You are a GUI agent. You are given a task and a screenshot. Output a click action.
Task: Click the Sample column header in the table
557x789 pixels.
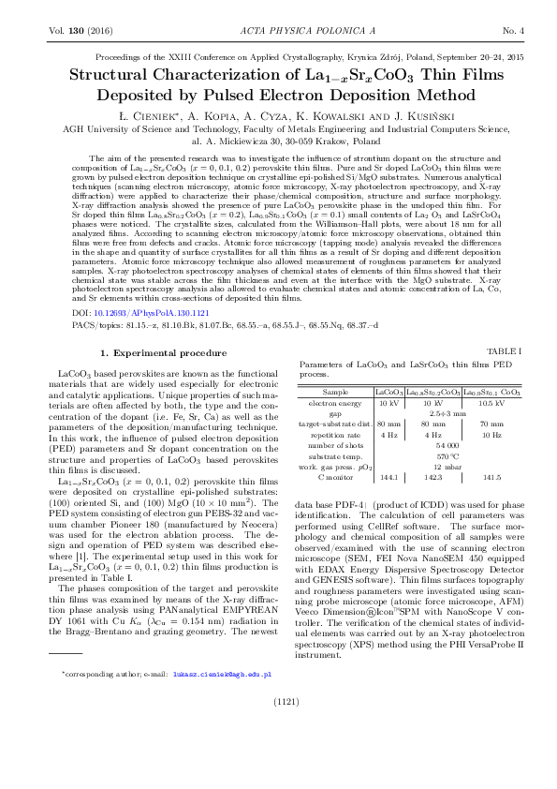pos(334,391)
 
